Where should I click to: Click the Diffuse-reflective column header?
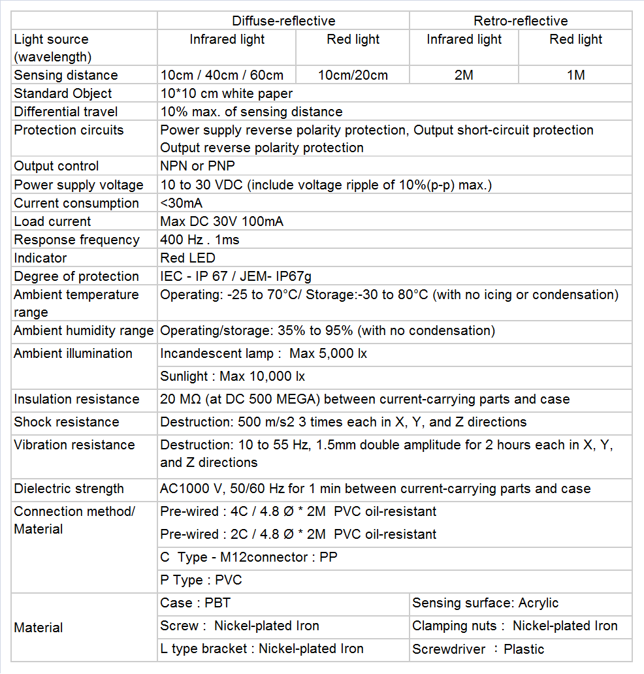[283, 21]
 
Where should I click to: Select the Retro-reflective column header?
[521, 21]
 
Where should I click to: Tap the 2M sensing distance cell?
[464, 75]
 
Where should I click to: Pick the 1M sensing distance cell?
[575, 75]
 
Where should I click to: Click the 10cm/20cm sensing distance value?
[353, 75]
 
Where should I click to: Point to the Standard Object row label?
[63, 93]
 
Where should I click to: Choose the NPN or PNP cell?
[197, 166]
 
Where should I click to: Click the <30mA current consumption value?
[182, 203]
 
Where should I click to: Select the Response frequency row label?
[76, 240]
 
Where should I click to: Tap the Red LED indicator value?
[187, 258]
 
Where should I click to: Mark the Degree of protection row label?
[76, 276]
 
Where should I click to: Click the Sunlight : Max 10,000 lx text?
[233, 376]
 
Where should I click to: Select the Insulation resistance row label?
[76, 399]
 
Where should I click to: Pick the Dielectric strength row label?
[69, 489]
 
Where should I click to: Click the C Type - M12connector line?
[249, 557]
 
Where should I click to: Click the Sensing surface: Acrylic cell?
[485, 603]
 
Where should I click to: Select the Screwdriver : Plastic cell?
[478, 649]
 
